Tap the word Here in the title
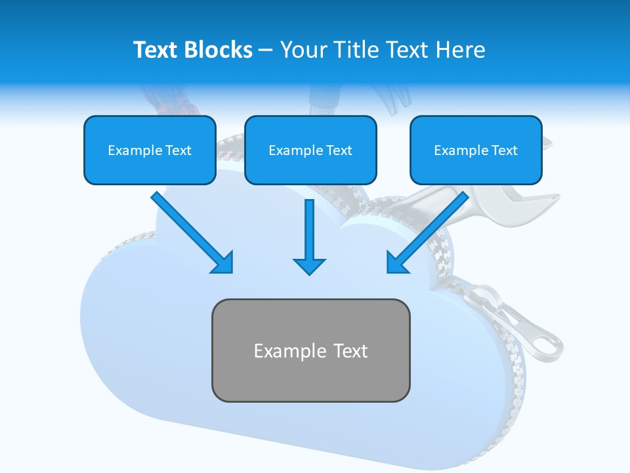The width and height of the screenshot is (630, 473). (459, 50)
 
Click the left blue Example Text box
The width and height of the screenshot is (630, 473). (150, 150)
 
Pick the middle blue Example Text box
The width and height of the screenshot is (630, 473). (310, 150)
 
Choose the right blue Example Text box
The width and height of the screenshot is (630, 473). (476, 150)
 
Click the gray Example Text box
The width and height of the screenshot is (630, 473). (310, 350)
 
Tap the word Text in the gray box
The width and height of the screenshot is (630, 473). (350, 351)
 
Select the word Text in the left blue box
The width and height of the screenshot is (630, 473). (178, 150)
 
